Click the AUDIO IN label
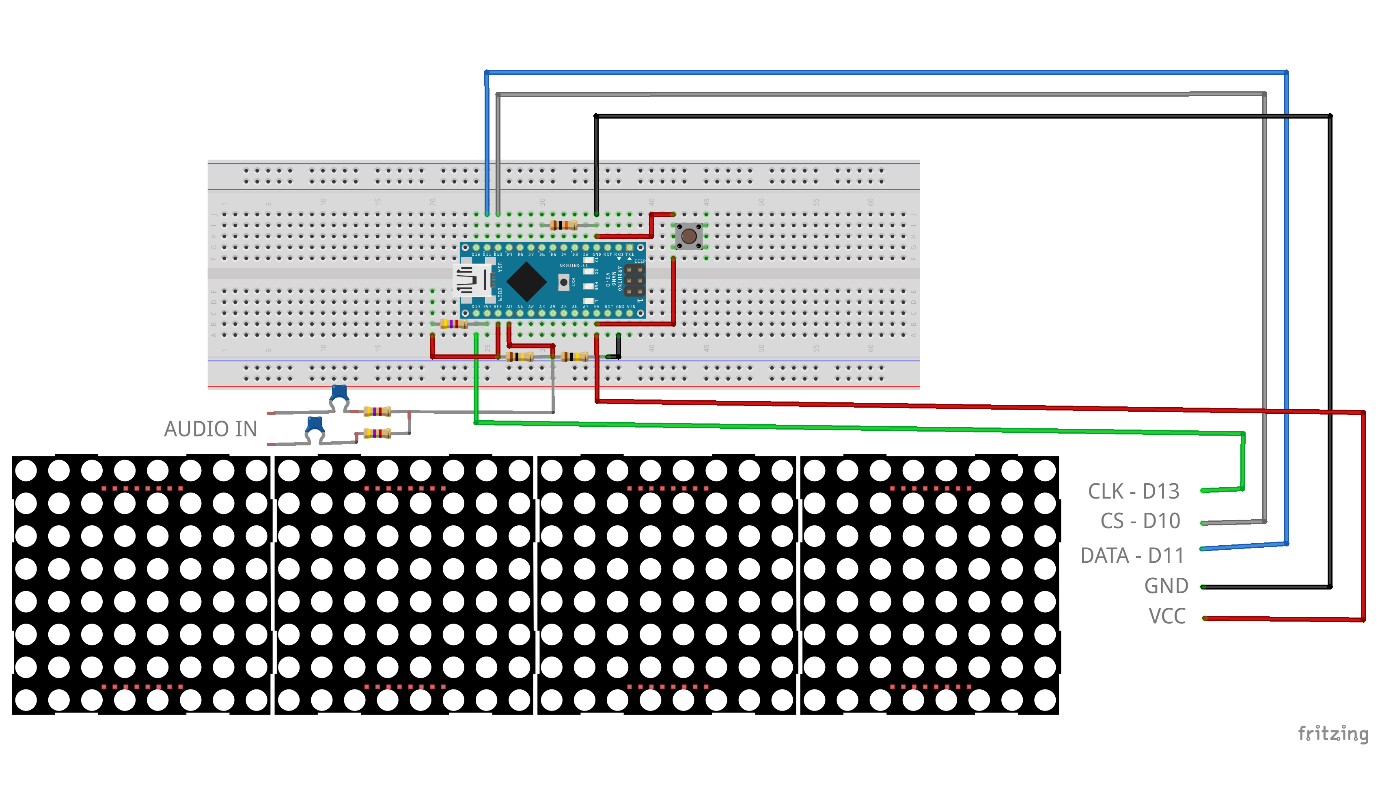(x=210, y=429)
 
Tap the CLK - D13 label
(x=1133, y=492)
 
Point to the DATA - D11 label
(x=1132, y=556)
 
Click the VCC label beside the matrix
(x=1167, y=616)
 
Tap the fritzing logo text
(x=1333, y=733)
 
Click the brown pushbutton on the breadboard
(x=689, y=236)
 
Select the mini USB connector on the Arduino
(x=472, y=281)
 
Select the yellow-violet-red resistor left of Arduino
(x=453, y=324)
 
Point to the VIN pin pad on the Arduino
(x=630, y=313)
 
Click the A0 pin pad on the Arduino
(x=509, y=313)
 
